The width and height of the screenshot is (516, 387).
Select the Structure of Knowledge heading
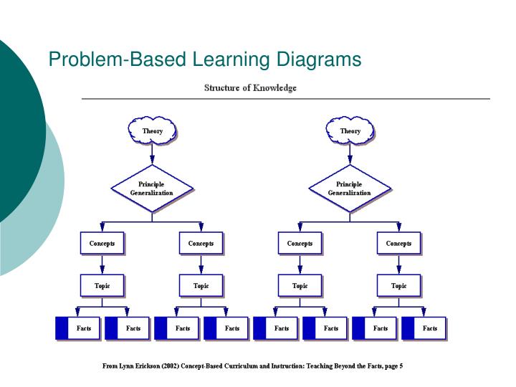(x=250, y=88)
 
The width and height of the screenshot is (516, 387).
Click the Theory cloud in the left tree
(x=152, y=130)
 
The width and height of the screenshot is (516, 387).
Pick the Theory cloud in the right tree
(x=350, y=130)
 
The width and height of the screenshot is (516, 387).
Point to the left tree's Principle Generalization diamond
(x=152, y=188)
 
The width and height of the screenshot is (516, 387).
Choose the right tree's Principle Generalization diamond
(x=350, y=188)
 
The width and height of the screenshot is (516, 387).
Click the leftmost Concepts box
(x=102, y=244)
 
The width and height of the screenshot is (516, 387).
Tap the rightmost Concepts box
(x=398, y=244)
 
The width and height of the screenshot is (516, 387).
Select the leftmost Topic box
(x=102, y=286)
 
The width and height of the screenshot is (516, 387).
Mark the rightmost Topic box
(x=398, y=286)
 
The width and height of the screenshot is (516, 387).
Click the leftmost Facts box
(x=79, y=328)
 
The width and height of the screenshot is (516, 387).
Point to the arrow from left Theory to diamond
(x=152, y=153)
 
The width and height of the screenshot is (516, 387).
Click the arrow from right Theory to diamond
(x=350, y=153)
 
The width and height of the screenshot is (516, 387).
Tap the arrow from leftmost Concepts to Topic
(x=102, y=264)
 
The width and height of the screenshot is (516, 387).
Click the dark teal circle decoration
(x=18, y=122)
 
